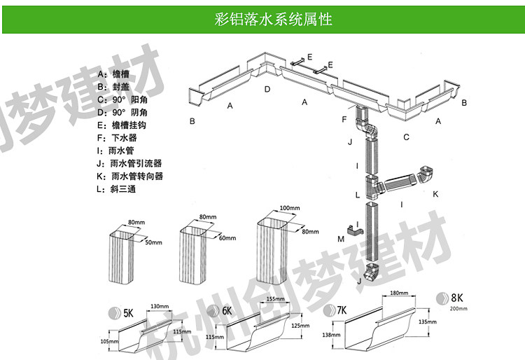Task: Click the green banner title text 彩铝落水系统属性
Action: coord(273,19)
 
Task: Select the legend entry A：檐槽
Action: coord(114,74)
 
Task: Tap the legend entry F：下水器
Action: coord(118,138)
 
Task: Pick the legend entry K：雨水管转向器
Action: coord(130,176)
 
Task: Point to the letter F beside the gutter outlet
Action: coord(344,120)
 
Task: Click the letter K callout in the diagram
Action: coord(435,193)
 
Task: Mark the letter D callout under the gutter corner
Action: coord(267,89)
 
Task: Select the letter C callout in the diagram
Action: coord(406,137)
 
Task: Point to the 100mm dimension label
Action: coord(289,209)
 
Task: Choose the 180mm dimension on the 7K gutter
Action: coord(398,293)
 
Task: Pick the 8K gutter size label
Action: coord(458,298)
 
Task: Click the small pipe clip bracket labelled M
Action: coord(353,229)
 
